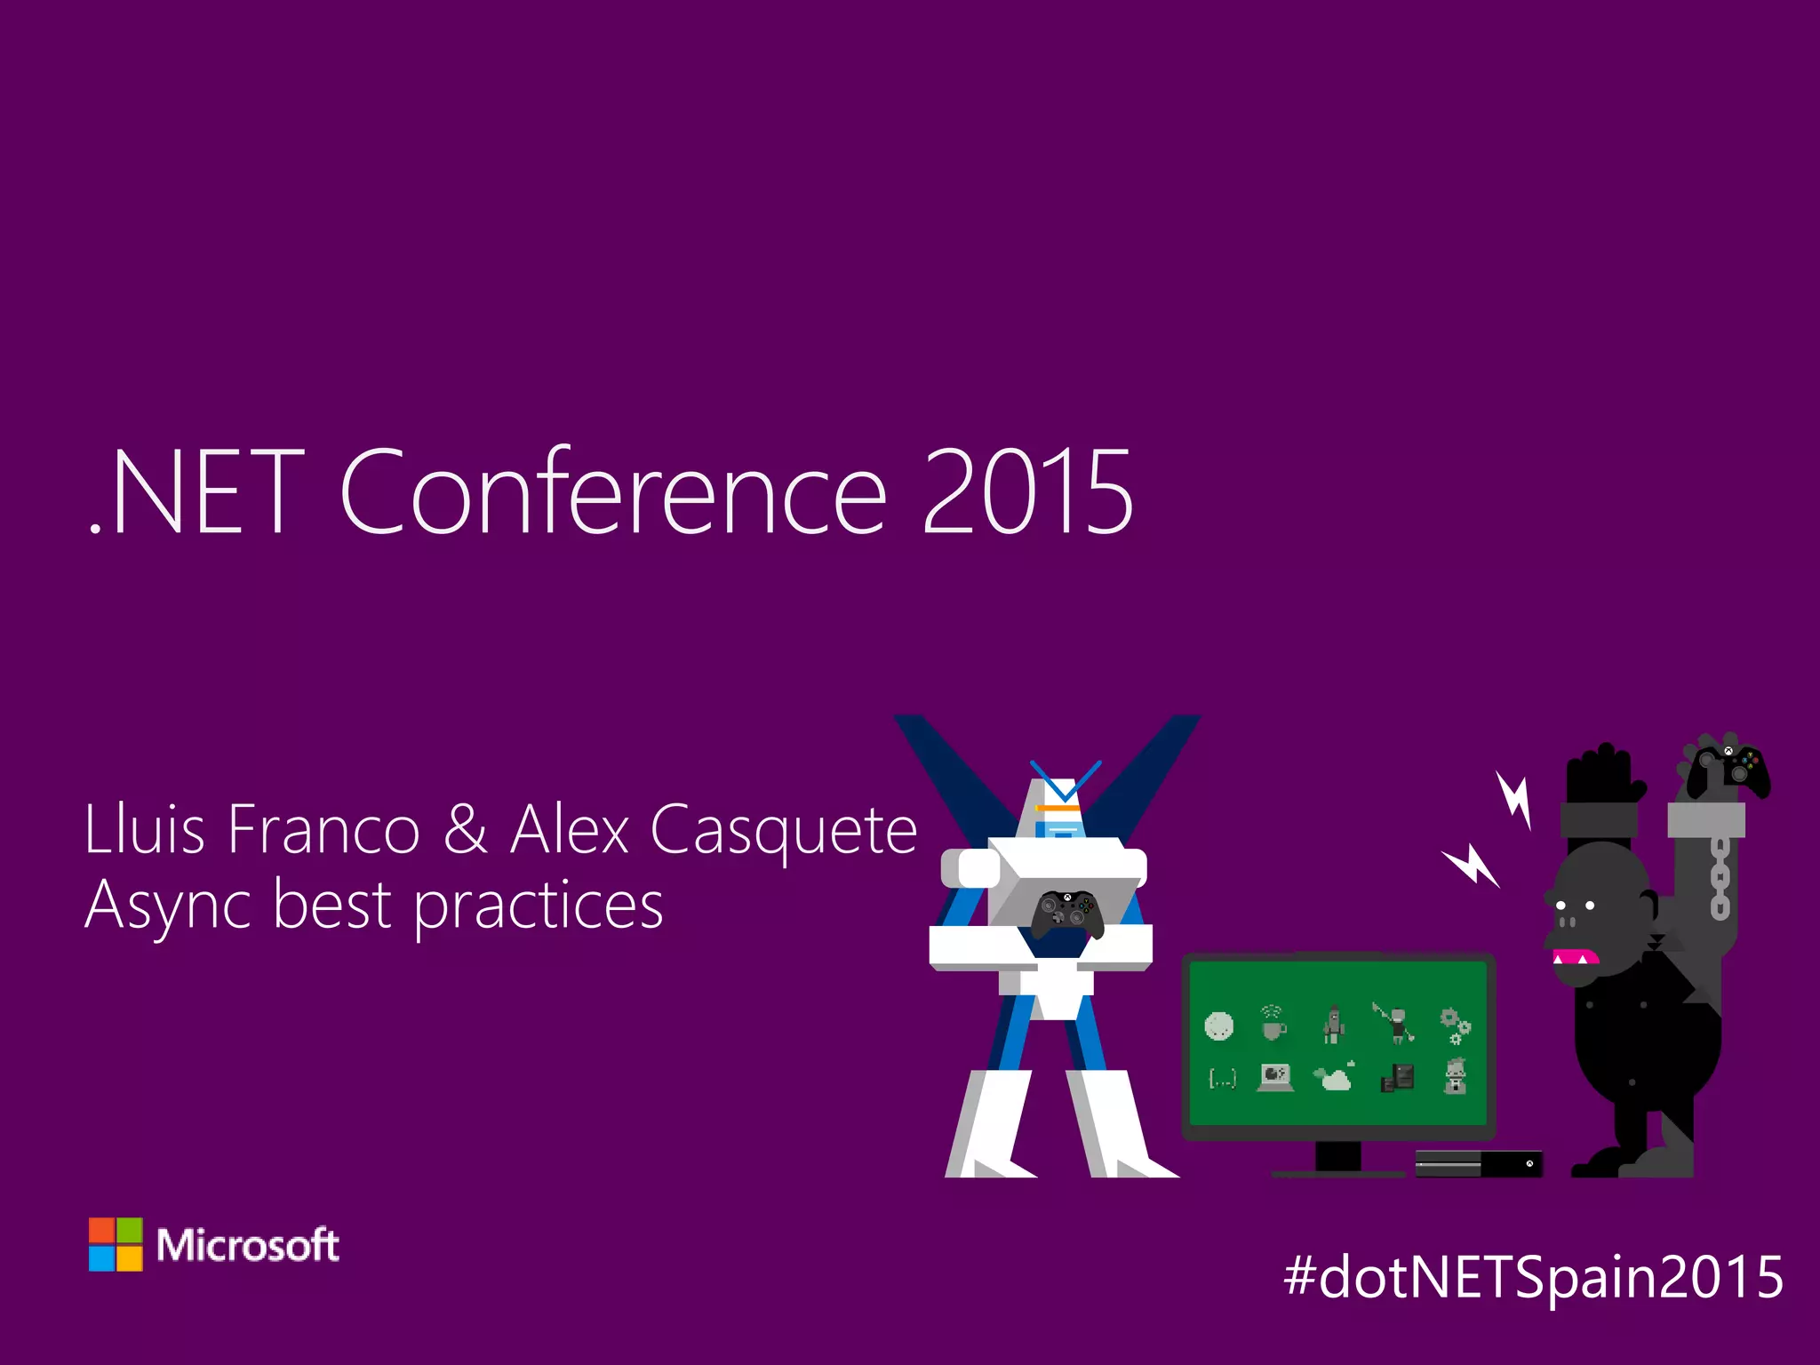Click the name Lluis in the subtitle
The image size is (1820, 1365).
click(x=144, y=829)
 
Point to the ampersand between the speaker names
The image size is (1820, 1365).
click(x=465, y=829)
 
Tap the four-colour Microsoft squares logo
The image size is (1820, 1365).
click(x=116, y=1244)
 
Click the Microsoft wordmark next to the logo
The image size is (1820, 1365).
click(x=248, y=1245)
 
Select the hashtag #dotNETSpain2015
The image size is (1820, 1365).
click(x=1534, y=1276)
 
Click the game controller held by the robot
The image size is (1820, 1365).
click(x=1067, y=913)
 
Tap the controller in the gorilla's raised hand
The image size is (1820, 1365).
click(x=1728, y=767)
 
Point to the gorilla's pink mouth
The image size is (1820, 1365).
click(x=1576, y=957)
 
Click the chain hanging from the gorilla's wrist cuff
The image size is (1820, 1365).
click(x=1720, y=879)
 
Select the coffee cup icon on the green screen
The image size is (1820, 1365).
click(x=1273, y=1026)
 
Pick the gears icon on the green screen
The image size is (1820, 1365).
click(x=1455, y=1026)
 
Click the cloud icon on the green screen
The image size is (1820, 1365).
click(x=1335, y=1077)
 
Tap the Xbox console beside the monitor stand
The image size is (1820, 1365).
click(x=1479, y=1162)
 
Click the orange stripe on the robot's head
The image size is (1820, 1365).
click(x=1058, y=808)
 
